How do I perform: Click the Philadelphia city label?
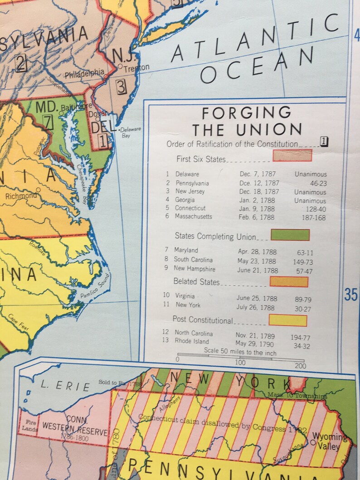click(84, 73)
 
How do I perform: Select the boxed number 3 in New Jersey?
click(121, 86)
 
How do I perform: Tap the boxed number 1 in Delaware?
click(104, 141)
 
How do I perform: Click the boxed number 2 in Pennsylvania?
click(21, 63)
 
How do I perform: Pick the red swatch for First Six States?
click(292, 155)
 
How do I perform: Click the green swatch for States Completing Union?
click(290, 235)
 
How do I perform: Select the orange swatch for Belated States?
click(289, 281)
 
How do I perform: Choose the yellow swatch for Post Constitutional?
click(287, 320)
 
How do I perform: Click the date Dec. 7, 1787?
click(258, 174)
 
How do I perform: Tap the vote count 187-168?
click(314, 218)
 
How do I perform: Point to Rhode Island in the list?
click(192, 341)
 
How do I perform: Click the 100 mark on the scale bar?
click(240, 363)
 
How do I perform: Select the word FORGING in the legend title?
click(247, 112)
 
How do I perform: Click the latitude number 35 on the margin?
click(351, 295)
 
